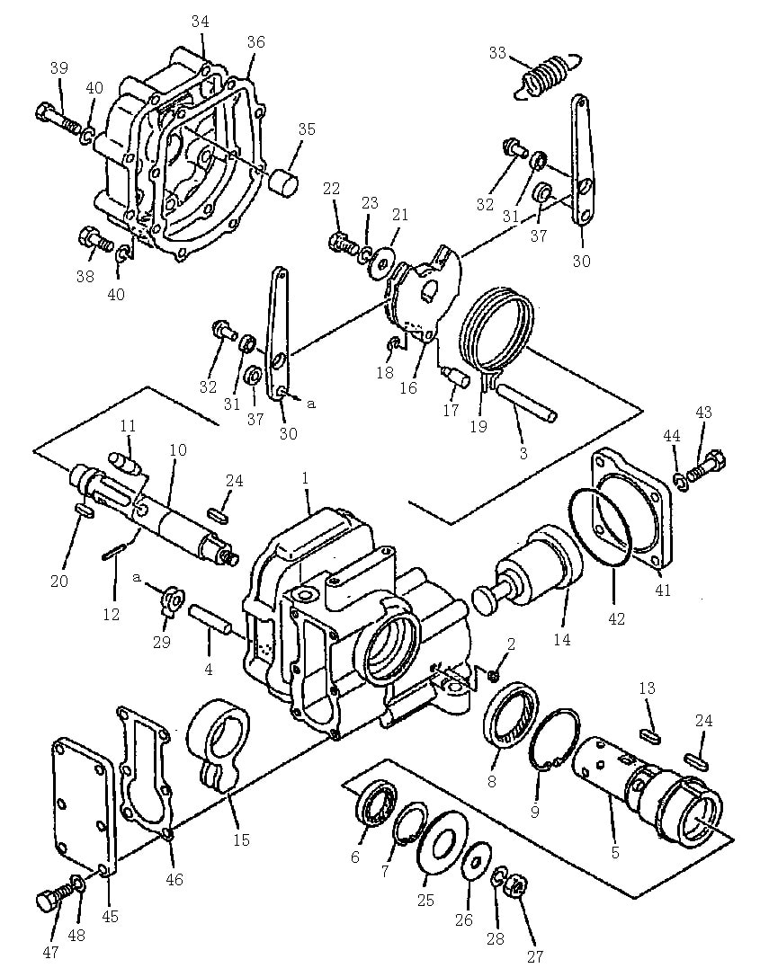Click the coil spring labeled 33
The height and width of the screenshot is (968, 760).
[x=547, y=75]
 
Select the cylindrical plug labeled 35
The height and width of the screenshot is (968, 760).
[x=284, y=180]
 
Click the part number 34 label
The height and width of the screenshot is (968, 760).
[x=200, y=22]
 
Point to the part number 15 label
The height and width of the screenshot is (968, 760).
[x=241, y=839]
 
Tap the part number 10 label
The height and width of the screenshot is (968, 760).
[x=177, y=449]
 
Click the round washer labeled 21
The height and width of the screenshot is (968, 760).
[x=382, y=257]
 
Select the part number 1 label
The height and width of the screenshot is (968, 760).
[x=304, y=477]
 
